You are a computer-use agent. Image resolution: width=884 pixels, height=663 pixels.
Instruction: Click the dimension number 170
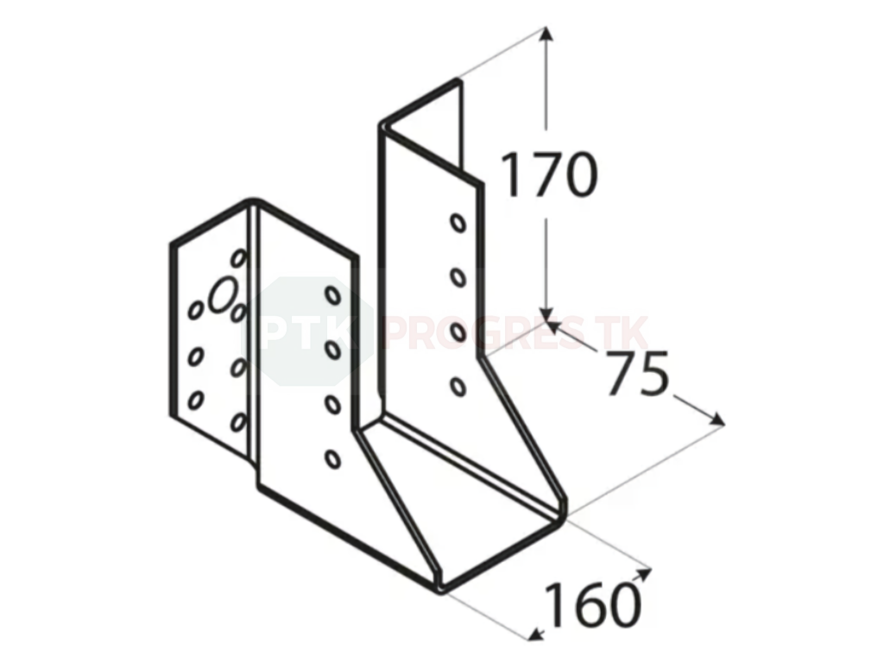tap(548, 174)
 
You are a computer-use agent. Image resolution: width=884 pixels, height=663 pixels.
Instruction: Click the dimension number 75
tap(637, 373)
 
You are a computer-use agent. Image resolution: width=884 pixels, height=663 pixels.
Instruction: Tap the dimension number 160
tap(593, 604)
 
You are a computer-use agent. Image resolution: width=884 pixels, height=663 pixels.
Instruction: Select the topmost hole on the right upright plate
tap(458, 223)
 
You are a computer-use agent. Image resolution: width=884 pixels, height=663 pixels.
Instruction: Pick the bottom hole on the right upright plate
tap(458, 386)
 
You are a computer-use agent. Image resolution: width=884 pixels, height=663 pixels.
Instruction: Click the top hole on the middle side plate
tap(332, 295)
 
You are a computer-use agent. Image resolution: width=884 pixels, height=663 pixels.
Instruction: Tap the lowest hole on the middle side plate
tap(332, 459)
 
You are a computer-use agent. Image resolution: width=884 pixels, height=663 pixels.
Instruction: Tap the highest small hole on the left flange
tap(238, 258)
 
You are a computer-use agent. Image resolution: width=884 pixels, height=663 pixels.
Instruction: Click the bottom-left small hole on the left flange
tap(195, 400)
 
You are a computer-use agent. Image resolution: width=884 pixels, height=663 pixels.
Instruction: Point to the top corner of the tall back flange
tap(458, 80)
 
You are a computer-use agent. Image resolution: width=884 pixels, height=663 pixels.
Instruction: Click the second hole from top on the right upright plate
tap(458, 277)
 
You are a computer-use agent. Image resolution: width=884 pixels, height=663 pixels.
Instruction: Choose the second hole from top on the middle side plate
tap(332, 350)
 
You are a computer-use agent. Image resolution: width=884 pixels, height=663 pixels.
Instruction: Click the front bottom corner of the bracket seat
tap(442, 590)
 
